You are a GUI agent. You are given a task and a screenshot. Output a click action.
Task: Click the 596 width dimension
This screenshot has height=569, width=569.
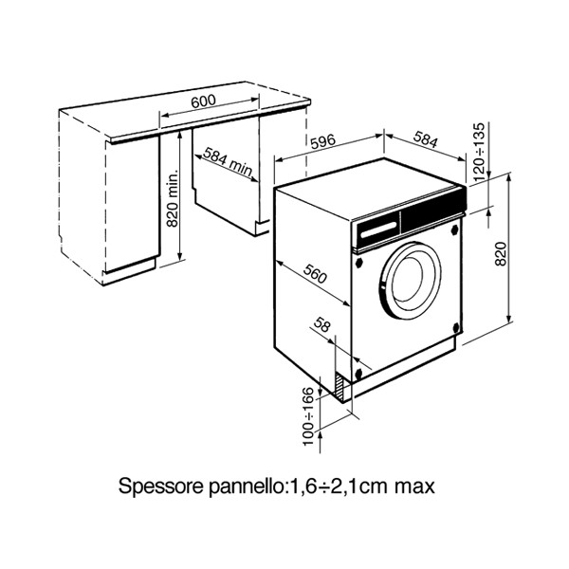(323, 142)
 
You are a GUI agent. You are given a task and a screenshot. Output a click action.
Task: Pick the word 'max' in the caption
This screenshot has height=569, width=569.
(413, 487)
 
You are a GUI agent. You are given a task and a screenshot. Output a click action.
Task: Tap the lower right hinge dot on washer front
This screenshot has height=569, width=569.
(459, 330)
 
